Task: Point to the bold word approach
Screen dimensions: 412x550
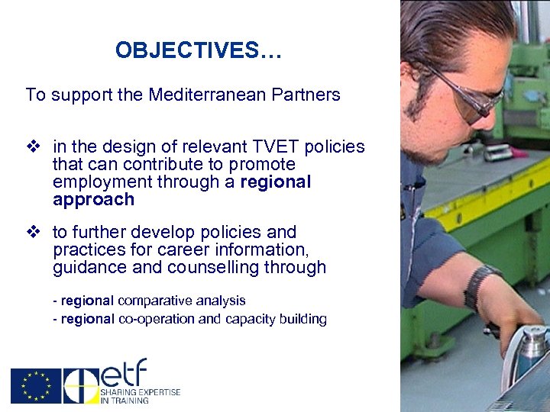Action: click(93, 200)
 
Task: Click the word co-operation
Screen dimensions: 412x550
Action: click(157, 319)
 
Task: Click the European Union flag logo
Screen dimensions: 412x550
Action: click(35, 386)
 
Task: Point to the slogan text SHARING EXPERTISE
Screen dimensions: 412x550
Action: click(141, 392)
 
